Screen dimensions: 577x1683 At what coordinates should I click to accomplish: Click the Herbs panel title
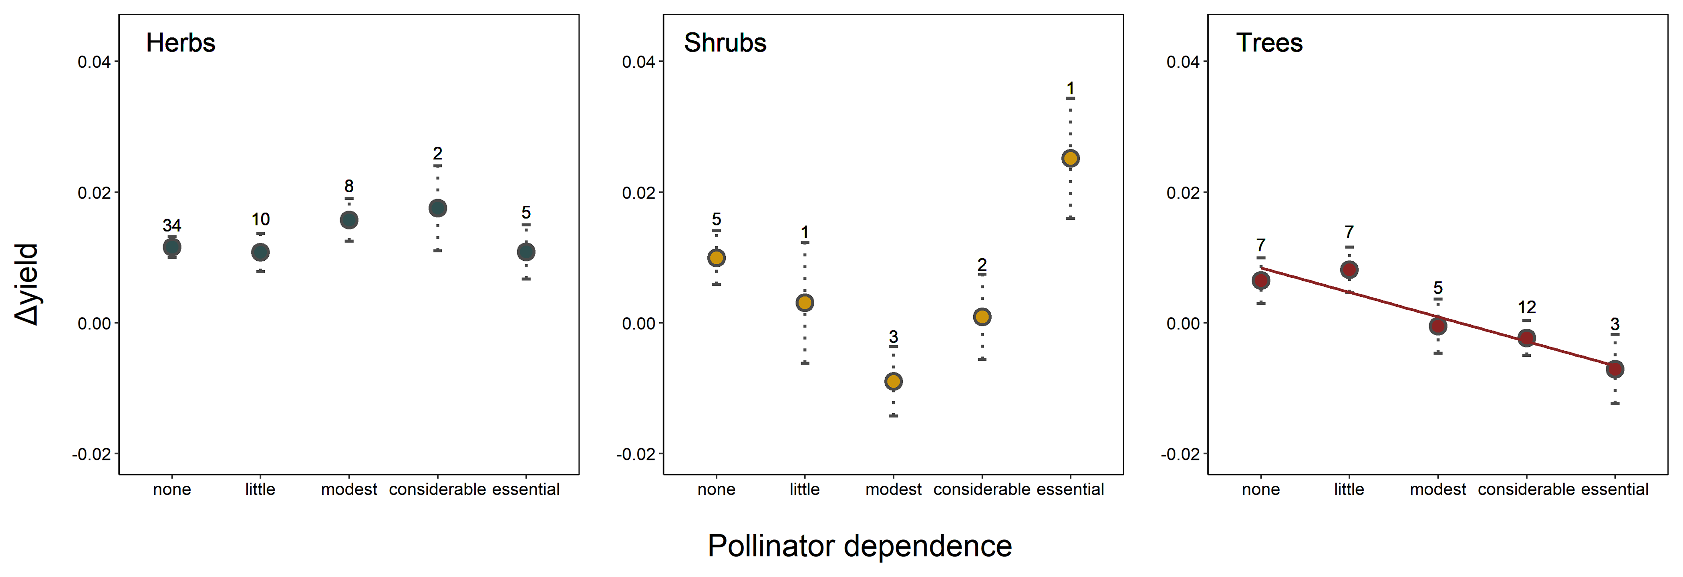(x=180, y=43)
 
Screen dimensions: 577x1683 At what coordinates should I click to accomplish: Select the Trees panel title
(x=1269, y=43)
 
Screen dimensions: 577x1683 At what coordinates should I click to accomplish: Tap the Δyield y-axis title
(x=28, y=284)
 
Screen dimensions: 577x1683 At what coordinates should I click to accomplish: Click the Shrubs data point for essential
(x=1070, y=158)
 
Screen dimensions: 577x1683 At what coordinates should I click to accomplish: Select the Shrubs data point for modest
(x=893, y=381)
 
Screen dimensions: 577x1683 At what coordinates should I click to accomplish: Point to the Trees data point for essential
(x=1615, y=369)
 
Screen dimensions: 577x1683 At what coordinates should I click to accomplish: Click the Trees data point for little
(x=1349, y=269)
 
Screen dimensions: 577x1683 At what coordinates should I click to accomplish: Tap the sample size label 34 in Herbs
(x=172, y=225)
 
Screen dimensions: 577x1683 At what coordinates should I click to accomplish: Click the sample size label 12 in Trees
(x=1526, y=307)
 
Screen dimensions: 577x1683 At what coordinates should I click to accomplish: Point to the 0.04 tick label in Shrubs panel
(x=638, y=62)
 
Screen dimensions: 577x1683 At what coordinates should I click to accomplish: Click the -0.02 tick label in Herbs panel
(x=91, y=454)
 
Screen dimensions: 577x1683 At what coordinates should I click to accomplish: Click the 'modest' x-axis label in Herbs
(x=349, y=489)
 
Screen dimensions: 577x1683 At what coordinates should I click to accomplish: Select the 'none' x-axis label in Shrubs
(x=716, y=489)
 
